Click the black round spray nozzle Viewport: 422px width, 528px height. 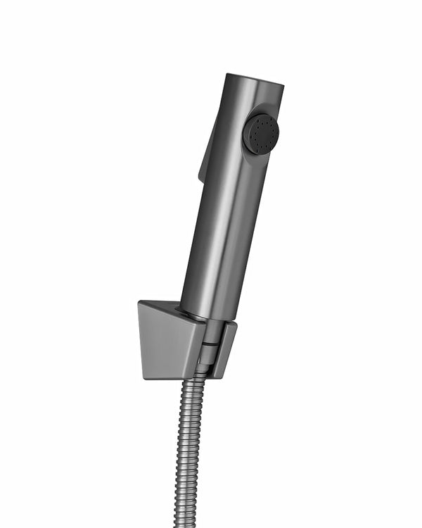click(x=261, y=134)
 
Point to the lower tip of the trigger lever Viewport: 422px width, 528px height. click(x=201, y=176)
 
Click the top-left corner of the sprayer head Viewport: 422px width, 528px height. click(x=228, y=75)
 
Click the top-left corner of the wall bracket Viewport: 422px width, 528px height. click(x=139, y=303)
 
